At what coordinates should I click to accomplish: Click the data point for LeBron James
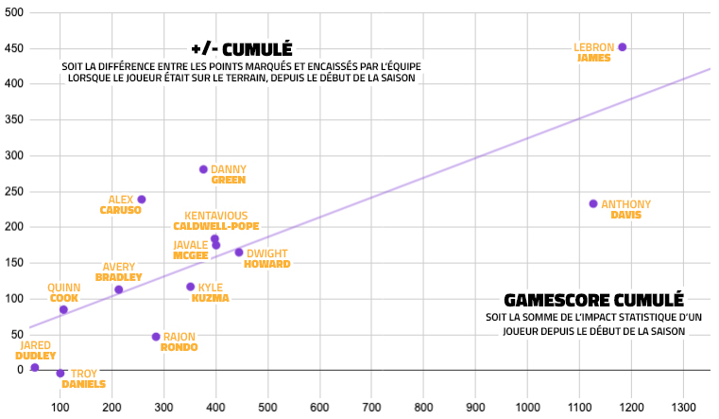(x=622, y=47)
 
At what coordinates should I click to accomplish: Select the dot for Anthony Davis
(x=593, y=203)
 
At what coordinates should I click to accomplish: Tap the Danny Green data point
(x=203, y=169)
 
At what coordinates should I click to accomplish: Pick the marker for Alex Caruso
(x=142, y=200)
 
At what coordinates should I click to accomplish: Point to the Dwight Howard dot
(x=239, y=253)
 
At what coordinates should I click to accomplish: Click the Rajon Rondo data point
(x=156, y=337)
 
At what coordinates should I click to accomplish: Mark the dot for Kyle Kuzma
(x=190, y=287)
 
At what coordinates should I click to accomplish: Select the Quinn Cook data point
(x=63, y=309)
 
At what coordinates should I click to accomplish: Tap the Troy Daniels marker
(x=60, y=374)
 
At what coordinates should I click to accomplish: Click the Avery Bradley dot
(x=119, y=289)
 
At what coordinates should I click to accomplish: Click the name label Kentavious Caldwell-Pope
(x=215, y=220)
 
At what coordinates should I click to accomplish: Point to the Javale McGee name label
(x=190, y=250)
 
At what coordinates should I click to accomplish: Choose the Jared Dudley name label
(x=35, y=351)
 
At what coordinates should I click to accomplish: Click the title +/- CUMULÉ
(x=241, y=49)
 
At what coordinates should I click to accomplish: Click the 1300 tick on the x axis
(x=683, y=407)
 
